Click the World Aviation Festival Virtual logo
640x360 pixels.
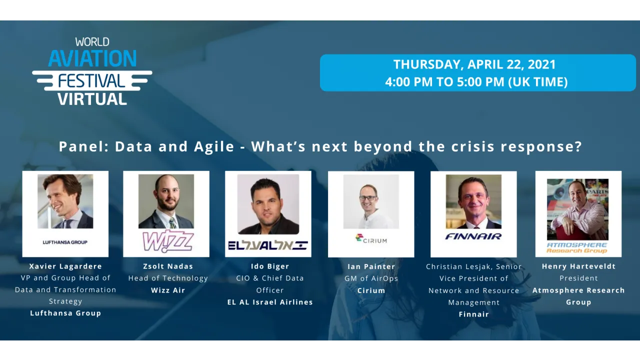pos(92,71)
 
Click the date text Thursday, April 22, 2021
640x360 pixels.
pos(474,64)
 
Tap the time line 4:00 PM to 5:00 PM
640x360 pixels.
pos(476,81)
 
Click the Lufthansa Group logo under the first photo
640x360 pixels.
pos(65,242)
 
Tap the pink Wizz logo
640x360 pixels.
pos(167,241)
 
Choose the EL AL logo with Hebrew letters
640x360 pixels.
pos(267,245)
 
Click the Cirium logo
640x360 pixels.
pos(371,239)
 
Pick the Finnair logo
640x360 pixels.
pos(473,236)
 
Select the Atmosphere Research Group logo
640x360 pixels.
pos(576,247)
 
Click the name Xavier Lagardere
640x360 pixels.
pos(65,266)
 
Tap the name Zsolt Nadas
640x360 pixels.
pos(168,266)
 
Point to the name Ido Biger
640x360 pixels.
pos(270,266)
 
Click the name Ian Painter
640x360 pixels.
pos(371,266)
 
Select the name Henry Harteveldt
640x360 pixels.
pos(578,266)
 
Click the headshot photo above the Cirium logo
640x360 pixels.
pos(371,201)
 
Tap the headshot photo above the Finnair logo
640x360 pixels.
pos(473,201)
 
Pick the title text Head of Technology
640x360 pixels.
pos(168,278)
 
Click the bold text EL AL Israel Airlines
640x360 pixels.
pos(270,302)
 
